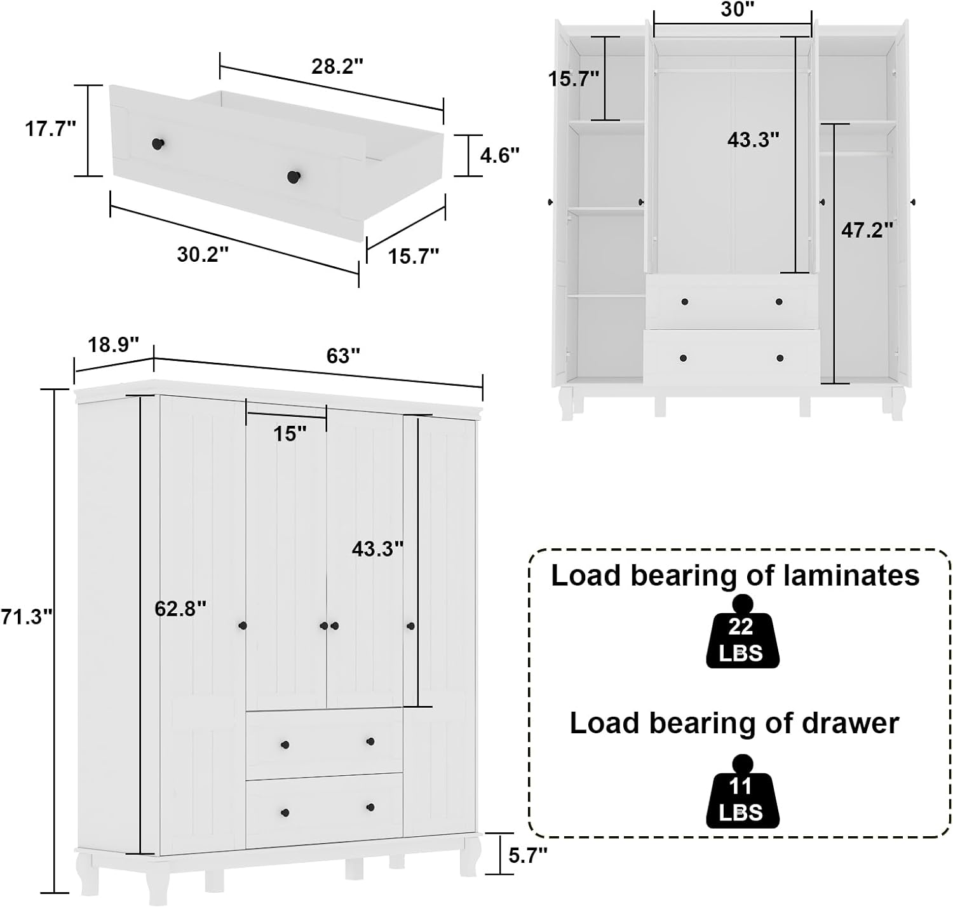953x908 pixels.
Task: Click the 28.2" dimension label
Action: (x=337, y=65)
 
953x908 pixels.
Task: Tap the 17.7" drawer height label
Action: (x=50, y=129)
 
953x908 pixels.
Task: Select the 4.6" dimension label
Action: (x=499, y=155)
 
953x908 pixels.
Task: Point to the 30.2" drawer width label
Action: (x=203, y=254)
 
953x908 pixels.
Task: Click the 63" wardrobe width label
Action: (x=343, y=356)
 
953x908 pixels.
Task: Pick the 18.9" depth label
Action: (x=113, y=345)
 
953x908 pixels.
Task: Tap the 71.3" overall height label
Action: (x=26, y=616)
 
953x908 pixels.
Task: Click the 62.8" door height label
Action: (x=180, y=609)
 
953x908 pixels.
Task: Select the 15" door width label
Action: (x=290, y=434)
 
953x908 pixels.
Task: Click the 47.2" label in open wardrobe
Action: (x=867, y=230)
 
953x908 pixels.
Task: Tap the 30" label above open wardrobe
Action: (x=737, y=10)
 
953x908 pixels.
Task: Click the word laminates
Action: (x=851, y=575)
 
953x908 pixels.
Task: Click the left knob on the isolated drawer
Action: (x=158, y=144)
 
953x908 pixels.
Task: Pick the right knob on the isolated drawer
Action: (x=293, y=176)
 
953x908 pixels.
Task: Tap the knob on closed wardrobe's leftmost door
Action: (x=242, y=626)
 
